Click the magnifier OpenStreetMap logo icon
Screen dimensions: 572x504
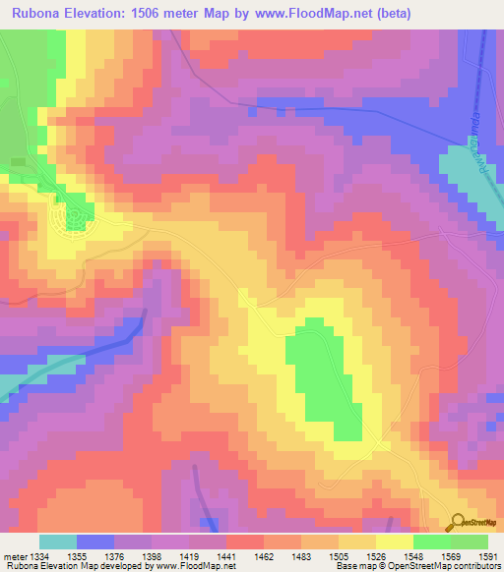(x=458, y=523)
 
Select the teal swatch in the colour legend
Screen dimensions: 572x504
(x=57, y=542)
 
